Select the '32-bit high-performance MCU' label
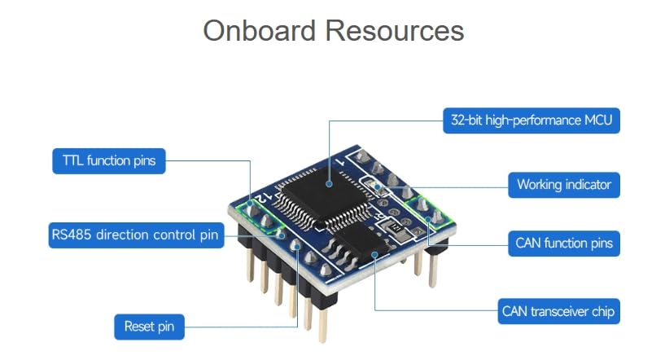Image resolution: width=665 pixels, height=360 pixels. click(531, 121)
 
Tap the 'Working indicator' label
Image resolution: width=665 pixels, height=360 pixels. click(563, 185)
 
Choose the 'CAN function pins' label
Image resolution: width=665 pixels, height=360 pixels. click(563, 243)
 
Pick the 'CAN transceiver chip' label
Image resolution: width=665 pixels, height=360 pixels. click(558, 311)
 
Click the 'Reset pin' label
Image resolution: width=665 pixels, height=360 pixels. click(149, 327)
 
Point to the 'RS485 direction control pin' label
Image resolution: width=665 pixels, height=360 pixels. click(134, 235)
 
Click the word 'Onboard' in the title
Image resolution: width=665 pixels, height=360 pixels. click(259, 31)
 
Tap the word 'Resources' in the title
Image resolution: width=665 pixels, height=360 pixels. click(395, 31)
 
